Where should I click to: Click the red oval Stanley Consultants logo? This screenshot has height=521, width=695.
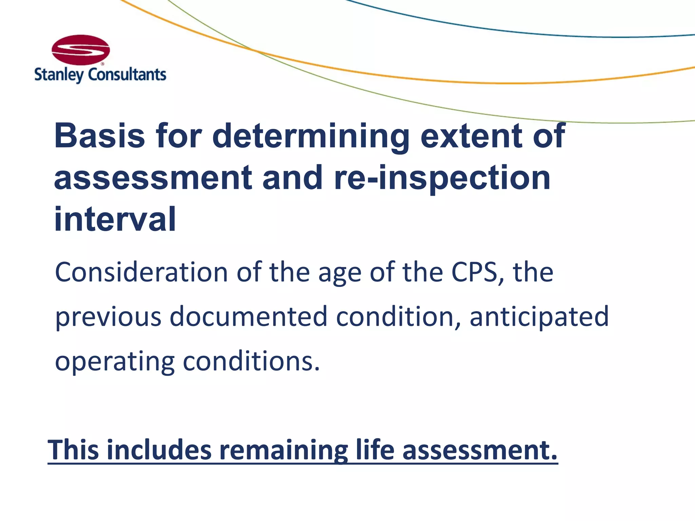[81, 50]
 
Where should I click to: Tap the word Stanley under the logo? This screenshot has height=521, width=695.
[59, 75]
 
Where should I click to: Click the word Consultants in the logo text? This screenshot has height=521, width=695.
[127, 75]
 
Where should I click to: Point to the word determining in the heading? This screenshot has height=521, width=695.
[311, 136]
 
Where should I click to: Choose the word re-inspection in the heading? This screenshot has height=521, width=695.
[442, 178]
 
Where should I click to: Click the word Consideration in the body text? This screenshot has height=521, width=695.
[141, 272]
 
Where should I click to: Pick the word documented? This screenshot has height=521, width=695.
[248, 316]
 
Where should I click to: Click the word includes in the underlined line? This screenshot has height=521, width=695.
[159, 450]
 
